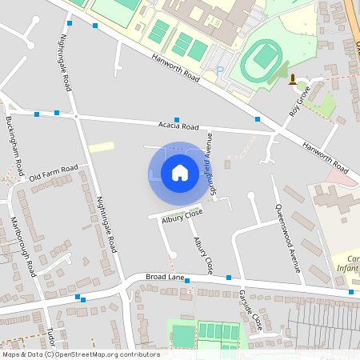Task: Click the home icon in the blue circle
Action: click(180, 172)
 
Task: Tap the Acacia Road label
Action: click(178, 126)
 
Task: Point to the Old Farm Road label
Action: click(54, 172)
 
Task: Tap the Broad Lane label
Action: click(166, 277)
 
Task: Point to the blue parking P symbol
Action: click(220, 70)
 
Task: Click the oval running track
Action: click(263, 58)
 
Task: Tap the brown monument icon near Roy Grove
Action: click(293, 79)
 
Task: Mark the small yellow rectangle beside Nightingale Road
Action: click(101, 147)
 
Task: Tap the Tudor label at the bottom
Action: click(53, 332)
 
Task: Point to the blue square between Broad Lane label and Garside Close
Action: click(229, 278)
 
